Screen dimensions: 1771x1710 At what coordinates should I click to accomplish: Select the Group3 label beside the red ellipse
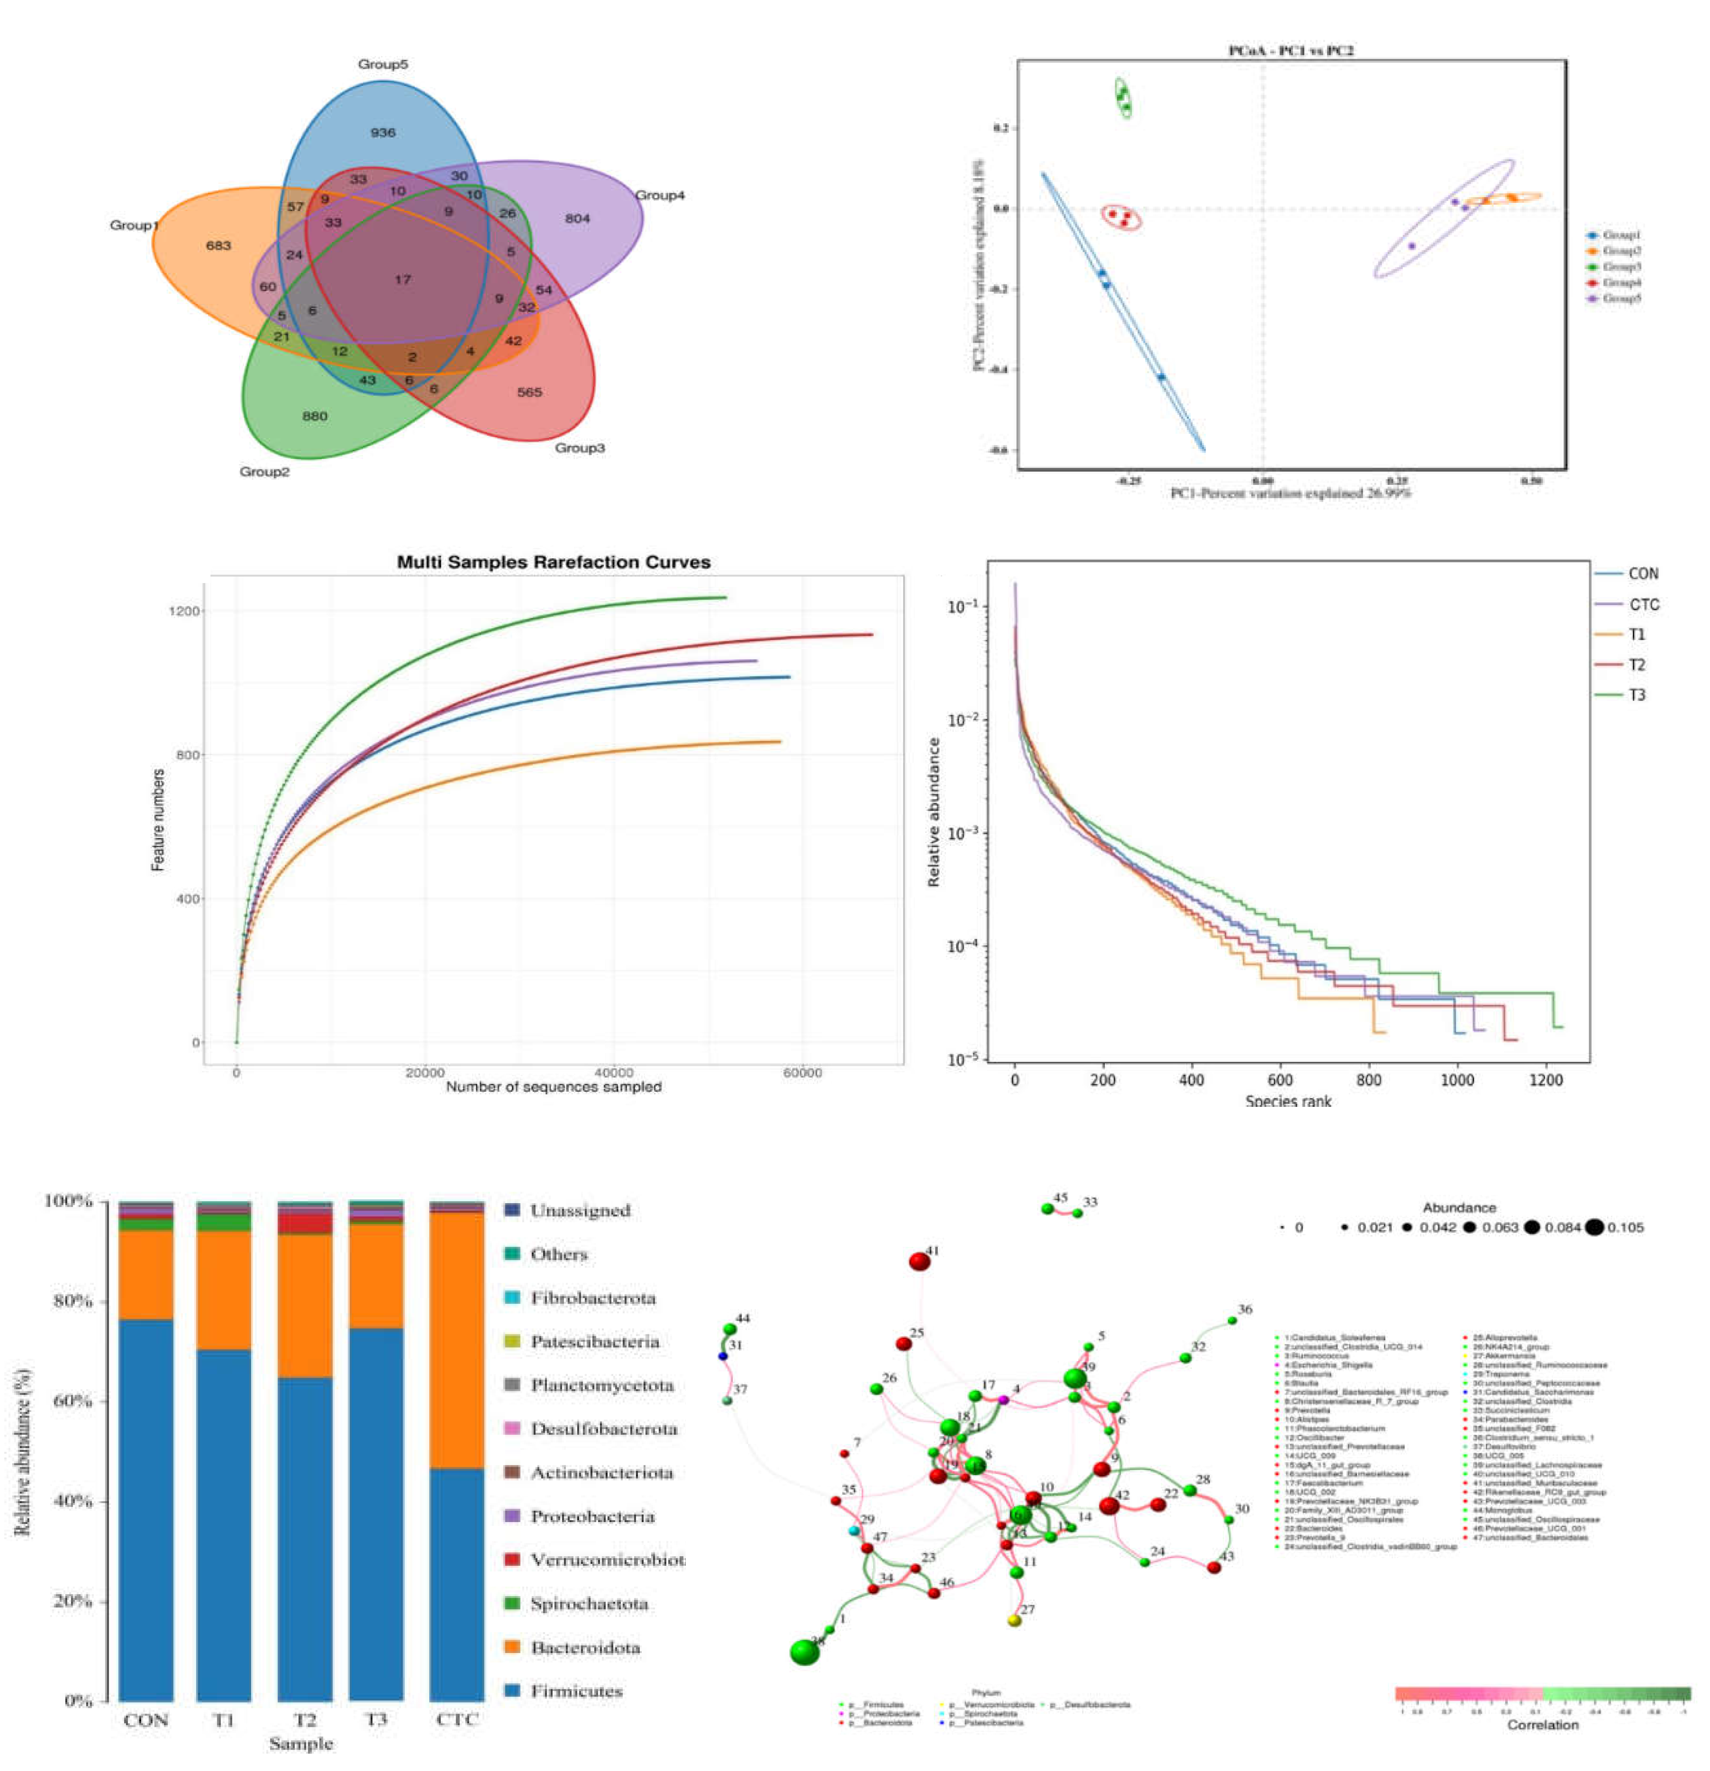pos(579,448)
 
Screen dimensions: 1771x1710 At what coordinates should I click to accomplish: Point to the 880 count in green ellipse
pos(314,417)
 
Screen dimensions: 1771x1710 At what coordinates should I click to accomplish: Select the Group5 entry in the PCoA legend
pos(1620,298)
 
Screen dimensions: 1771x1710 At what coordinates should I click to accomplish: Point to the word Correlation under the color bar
pos(1542,1725)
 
